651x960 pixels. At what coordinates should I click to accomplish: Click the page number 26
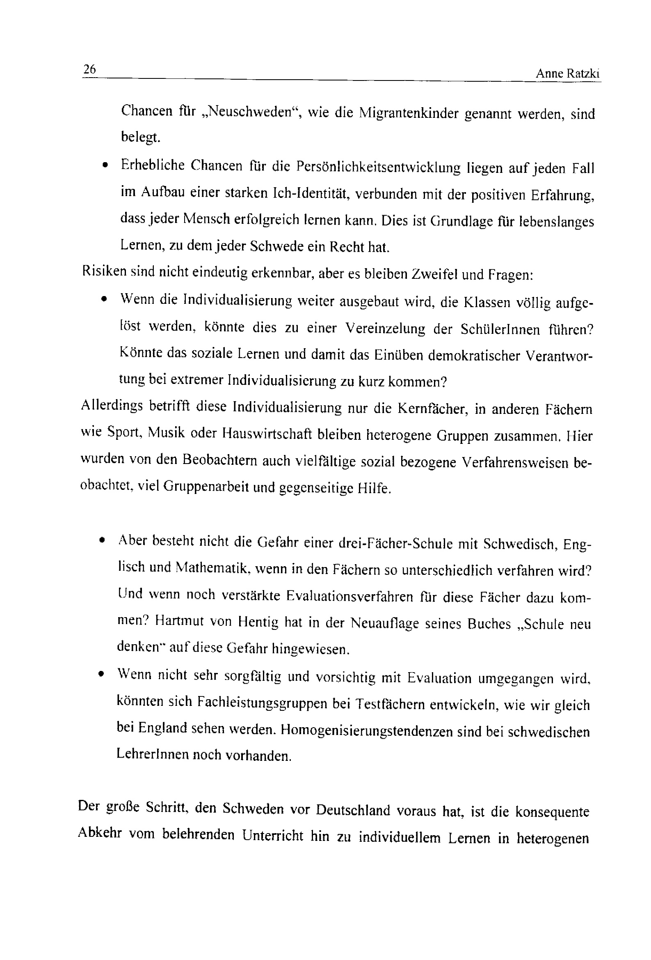click(89, 69)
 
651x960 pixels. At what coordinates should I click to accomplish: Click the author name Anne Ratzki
click(567, 73)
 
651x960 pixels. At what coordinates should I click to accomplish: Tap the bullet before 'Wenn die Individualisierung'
click(105, 299)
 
